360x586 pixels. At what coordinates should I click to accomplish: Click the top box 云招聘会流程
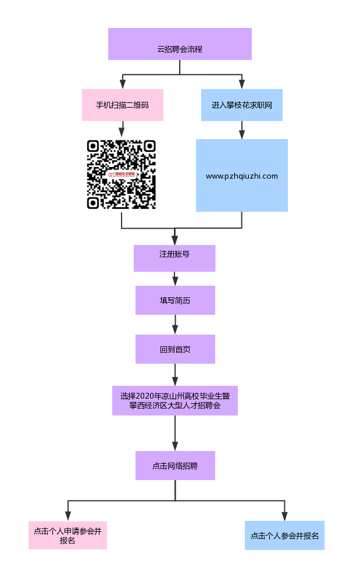tap(180, 44)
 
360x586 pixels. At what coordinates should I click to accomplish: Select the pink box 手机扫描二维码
tap(122, 105)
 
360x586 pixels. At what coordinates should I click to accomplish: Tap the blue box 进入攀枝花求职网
tap(241, 105)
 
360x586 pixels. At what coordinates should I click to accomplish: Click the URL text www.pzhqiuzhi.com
tap(241, 176)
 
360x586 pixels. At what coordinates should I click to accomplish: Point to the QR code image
tap(122, 175)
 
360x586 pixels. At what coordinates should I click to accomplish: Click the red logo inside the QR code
tap(121, 174)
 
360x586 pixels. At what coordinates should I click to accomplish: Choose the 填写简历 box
tap(175, 300)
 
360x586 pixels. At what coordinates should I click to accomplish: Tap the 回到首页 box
tap(175, 349)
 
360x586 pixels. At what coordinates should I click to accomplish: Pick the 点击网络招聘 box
tap(175, 466)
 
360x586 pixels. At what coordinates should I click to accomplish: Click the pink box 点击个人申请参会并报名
tap(67, 535)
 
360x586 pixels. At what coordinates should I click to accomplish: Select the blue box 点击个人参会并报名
tap(284, 535)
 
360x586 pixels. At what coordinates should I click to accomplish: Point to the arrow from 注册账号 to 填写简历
tap(175, 279)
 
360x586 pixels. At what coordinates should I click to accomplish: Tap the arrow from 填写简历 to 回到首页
tap(175, 325)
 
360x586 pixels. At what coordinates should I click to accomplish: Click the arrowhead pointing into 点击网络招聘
tap(175, 446)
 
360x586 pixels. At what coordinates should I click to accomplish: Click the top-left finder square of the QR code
tap(93, 146)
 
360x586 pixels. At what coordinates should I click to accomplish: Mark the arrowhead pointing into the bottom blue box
tap(284, 516)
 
